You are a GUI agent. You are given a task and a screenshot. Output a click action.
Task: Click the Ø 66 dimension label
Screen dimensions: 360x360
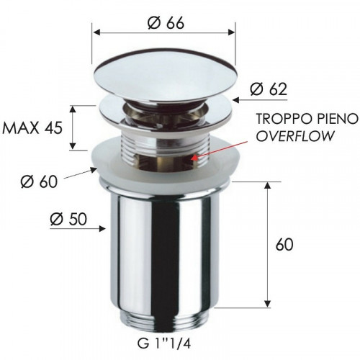pyautogui.click(x=166, y=24)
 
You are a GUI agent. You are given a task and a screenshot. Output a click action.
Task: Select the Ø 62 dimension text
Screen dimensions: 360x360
pyautogui.click(x=269, y=89)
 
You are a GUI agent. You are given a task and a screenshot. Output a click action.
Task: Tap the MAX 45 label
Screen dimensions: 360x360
pyautogui.click(x=32, y=127)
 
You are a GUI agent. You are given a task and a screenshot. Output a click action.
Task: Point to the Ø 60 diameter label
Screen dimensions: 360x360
pyautogui.click(x=40, y=181)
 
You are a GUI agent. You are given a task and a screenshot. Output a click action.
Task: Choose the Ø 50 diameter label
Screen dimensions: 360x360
pyautogui.click(x=68, y=220)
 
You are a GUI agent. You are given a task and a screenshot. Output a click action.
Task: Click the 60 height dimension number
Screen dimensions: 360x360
pyautogui.click(x=284, y=245)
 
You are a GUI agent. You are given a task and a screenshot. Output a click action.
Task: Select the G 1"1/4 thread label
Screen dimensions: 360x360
pyautogui.click(x=164, y=344)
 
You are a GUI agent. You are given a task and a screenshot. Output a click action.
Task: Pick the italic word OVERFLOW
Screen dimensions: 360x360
pyautogui.click(x=295, y=136)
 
